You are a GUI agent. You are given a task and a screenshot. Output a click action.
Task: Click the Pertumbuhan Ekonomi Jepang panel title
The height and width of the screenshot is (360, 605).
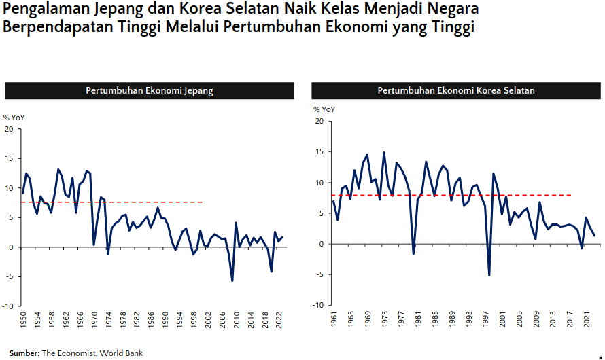click(x=149, y=91)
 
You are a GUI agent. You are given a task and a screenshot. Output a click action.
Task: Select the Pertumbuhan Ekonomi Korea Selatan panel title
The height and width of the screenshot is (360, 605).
click(x=456, y=91)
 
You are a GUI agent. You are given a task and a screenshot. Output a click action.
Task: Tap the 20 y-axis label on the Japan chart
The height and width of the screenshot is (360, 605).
click(x=9, y=129)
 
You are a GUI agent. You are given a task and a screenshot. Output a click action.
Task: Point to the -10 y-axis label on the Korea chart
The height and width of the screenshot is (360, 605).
click(x=317, y=305)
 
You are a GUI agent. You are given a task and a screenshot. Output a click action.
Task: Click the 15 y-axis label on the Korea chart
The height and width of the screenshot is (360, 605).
click(x=319, y=152)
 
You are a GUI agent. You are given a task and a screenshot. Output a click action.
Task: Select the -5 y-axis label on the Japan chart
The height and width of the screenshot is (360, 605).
click(x=9, y=276)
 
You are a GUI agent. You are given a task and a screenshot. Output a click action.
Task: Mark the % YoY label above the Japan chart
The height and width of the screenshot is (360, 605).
click(x=14, y=118)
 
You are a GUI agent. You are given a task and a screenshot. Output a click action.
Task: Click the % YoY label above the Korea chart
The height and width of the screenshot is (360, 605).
click(x=324, y=109)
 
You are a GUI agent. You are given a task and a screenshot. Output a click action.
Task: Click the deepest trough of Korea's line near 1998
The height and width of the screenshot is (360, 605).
click(x=489, y=275)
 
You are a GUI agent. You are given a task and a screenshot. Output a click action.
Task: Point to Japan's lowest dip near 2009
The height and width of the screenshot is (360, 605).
click(x=232, y=281)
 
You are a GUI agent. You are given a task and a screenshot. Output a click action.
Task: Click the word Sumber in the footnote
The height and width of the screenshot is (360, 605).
click(x=23, y=353)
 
